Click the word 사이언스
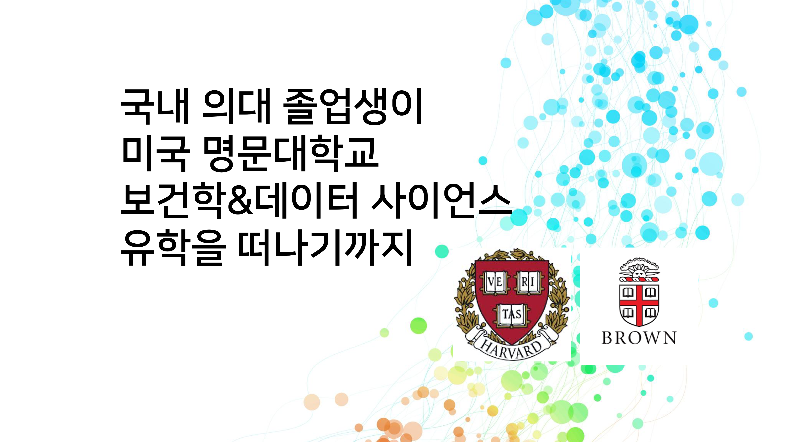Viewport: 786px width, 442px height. click(x=441, y=201)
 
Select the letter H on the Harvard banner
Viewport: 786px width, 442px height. click(x=486, y=345)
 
